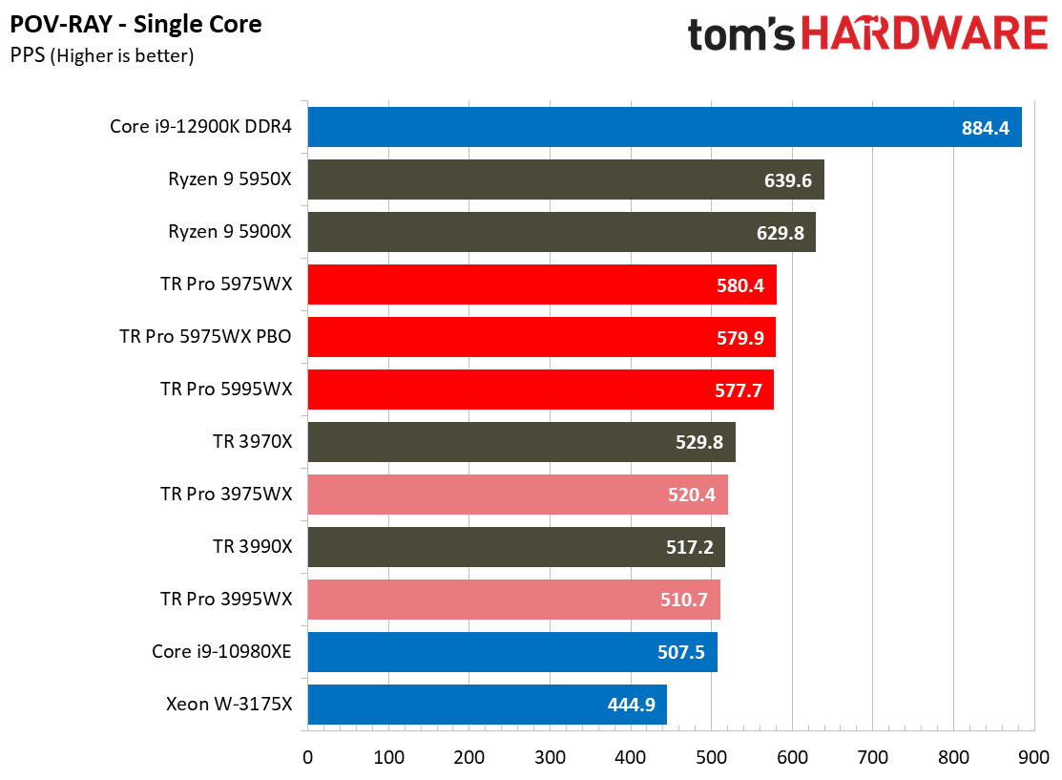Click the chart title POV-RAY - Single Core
pos(136,24)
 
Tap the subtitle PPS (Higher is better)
pos(102,56)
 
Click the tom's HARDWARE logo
pos(867,35)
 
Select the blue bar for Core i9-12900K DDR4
pos(664,127)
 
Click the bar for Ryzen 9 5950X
pos(565,179)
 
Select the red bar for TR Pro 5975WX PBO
pos(541,337)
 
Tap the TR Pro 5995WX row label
pos(226,390)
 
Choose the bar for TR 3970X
pos(521,442)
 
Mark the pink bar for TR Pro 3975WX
pos(517,495)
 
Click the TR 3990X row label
pos(252,547)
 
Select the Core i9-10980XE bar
pos(511,652)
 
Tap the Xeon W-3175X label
pos(228,705)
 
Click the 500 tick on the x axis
pos(710,757)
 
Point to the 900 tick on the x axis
pos(1032,757)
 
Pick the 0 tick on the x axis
pos(307,757)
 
